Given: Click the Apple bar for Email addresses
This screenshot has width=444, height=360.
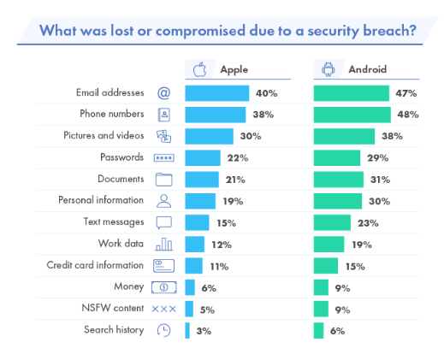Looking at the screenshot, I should (216, 92).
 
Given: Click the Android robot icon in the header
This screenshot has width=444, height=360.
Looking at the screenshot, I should (328, 69).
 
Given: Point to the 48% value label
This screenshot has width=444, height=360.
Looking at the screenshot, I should (406, 114).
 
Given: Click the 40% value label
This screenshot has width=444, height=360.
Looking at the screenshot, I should (267, 92).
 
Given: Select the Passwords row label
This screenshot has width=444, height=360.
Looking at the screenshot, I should (122, 157).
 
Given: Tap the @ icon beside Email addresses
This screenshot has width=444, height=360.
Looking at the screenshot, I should (163, 92).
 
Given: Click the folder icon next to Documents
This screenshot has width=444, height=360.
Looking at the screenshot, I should (163, 180).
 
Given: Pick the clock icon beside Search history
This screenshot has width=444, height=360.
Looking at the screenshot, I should (163, 331).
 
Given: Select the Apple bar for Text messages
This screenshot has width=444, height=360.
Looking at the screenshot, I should (197, 222).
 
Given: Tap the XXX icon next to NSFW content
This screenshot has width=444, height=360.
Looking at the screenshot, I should (163, 309).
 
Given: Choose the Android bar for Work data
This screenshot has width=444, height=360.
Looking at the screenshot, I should (329, 245).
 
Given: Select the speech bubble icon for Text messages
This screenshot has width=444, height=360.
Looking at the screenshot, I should (163, 222).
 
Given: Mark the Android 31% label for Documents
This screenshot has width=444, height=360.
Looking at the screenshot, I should (380, 180).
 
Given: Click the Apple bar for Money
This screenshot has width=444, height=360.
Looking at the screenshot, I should (190, 287).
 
